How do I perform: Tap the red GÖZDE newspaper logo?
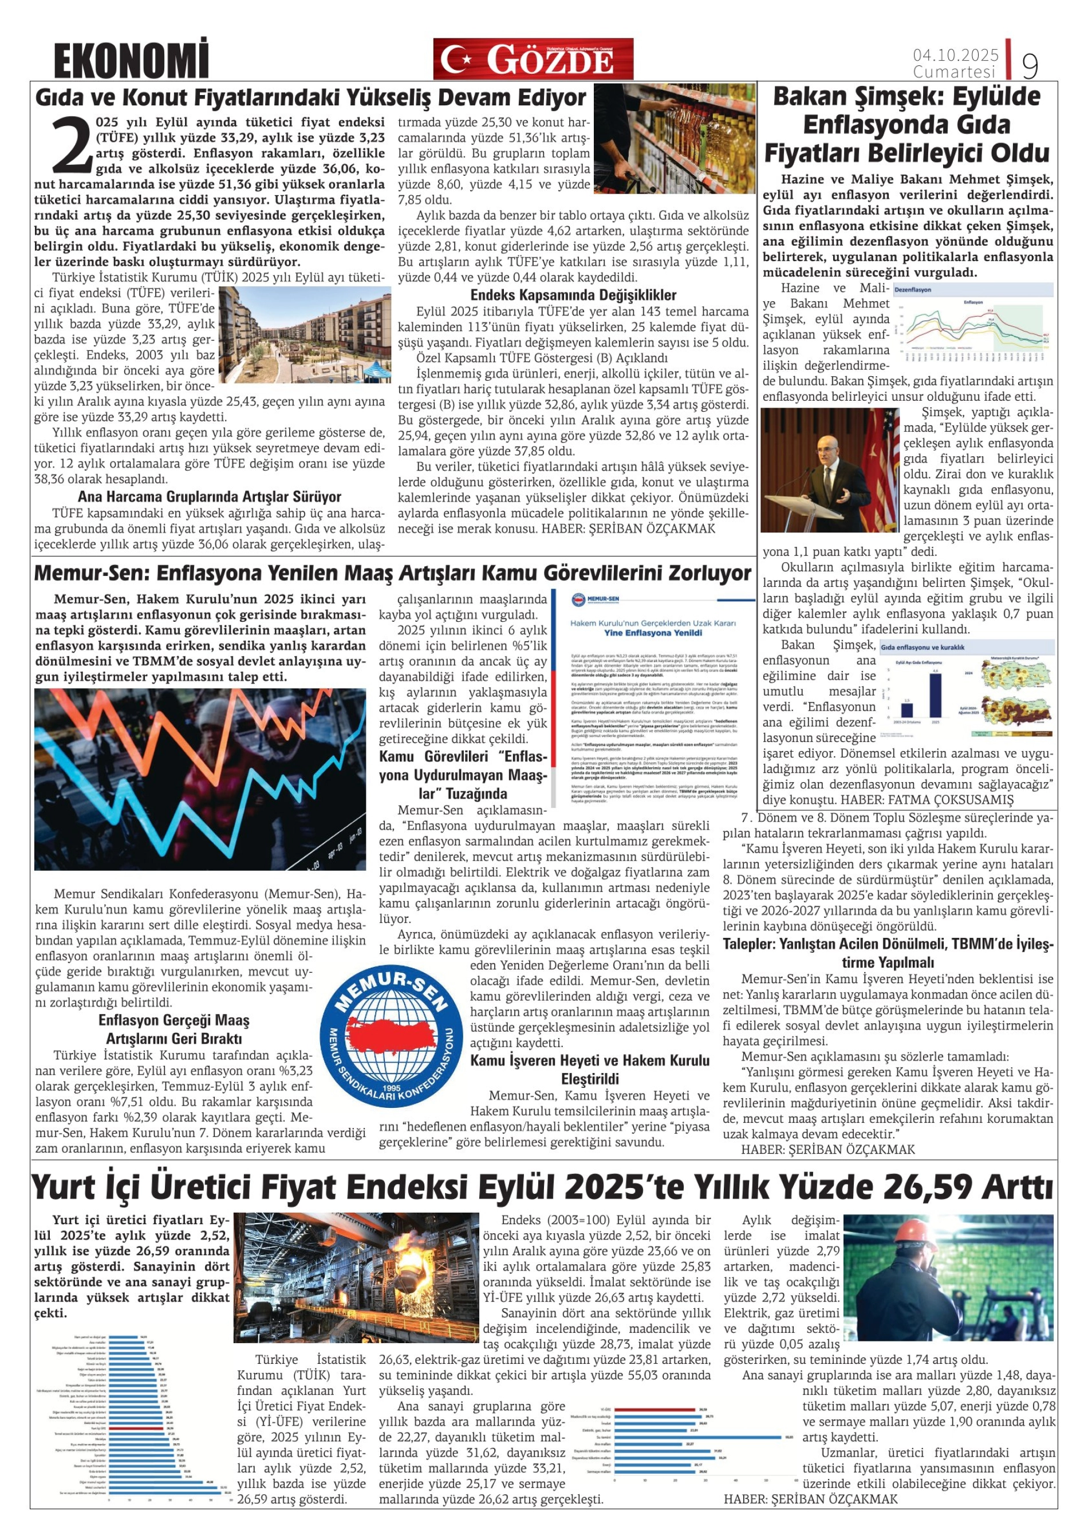tap(533, 59)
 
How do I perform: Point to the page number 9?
tap(1030, 66)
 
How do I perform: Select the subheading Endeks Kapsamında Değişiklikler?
tap(573, 295)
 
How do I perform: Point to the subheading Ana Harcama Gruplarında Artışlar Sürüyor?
tap(209, 497)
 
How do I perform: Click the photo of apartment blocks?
tap(305, 334)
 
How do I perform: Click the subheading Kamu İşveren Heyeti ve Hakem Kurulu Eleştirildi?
tap(589, 1069)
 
